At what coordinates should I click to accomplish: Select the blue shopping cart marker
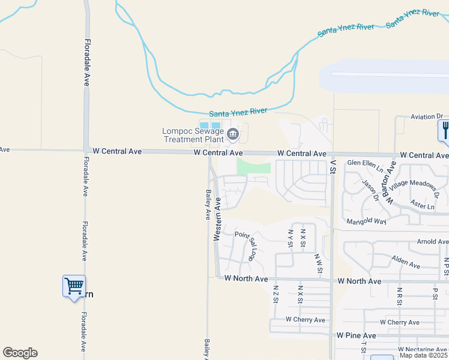(x=74, y=286)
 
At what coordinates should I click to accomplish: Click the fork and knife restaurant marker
(x=445, y=131)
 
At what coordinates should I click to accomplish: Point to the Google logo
(x=20, y=353)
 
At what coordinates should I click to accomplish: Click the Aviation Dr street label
(x=426, y=116)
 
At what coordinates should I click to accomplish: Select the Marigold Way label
(x=366, y=221)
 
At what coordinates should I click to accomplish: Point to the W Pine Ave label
(x=356, y=335)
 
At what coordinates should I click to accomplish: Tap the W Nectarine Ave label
(x=423, y=349)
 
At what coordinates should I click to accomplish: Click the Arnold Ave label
(x=433, y=242)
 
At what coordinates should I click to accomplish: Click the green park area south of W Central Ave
(x=254, y=166)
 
